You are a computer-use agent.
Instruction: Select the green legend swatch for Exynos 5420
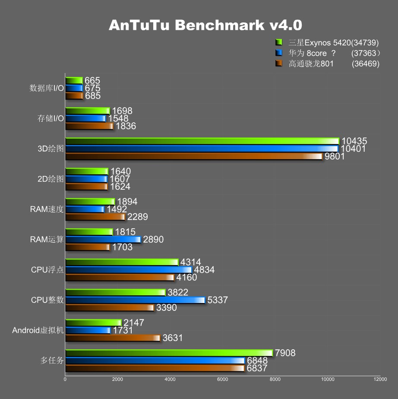point(279,42)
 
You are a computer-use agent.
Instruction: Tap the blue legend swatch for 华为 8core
point(279,53)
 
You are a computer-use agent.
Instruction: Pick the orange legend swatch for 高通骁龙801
point(279,64)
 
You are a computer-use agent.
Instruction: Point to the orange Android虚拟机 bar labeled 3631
point(113,338)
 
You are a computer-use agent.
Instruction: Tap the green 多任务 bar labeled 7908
point(169,353)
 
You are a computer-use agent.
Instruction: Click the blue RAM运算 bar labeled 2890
point(103,239)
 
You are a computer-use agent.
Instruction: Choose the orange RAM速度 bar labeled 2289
point(95,217)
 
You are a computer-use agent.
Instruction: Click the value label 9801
point(335,156)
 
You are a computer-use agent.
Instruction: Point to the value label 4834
point(204,270)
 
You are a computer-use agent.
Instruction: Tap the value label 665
point(92,80)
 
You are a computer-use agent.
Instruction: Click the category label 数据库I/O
point(47,88)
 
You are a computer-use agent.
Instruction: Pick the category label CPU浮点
point(47,270)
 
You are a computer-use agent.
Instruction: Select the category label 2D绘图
point(51,179)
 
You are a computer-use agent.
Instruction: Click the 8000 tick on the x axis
point(275,379)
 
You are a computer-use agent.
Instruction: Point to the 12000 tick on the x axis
point(380,379)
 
